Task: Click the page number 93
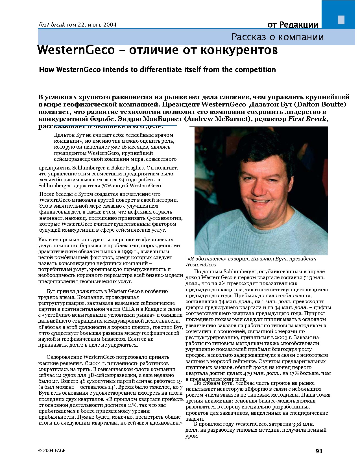(x=319, y=451)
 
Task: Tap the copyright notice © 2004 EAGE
(x=52, y=451)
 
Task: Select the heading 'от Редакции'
(x=293, y=25)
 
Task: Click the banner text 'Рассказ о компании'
(x=278, y=37)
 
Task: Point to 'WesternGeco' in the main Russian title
(x=76, y=50)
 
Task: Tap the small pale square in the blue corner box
(x=341, y=19)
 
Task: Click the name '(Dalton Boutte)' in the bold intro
(x=320, y=105)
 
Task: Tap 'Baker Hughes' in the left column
(x=131, y=168)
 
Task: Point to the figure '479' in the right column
(x=248, y=373)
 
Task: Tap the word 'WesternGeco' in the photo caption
(x=201, y=265)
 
